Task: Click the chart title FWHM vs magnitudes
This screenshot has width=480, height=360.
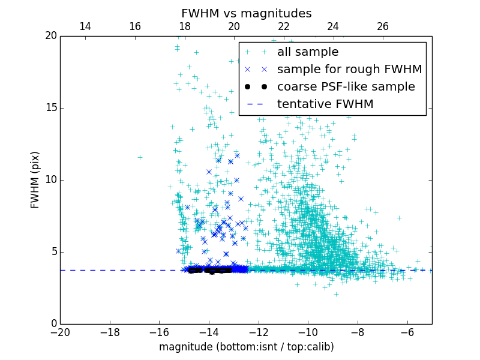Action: [x=246, y=13]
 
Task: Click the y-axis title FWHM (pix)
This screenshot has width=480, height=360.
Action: [x=35, y=179]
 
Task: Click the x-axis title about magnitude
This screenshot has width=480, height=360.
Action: [x=246, y=347]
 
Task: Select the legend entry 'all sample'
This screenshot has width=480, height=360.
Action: [x=308, y=52]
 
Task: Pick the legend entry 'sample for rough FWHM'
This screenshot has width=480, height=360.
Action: [x=349, y=70]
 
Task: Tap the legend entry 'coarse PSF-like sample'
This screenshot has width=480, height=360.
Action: [x=346, y=87]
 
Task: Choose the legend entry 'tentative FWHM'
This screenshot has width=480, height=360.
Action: [x=325, y=104]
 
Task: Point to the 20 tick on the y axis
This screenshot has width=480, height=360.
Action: [x=51, y=36]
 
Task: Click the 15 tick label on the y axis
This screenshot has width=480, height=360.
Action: [x=51, y=108]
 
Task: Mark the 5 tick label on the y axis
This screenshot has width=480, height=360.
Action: [x=53, y=252]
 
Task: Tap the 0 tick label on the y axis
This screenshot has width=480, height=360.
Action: [x=53, y=324]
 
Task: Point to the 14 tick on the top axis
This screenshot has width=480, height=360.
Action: [x=85, y=26]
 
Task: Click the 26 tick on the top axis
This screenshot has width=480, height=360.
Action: [x=383, y=26]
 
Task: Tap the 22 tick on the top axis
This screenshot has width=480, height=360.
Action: [x=284, y=26]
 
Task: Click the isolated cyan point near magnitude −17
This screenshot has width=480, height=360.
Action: [x=140, y=157]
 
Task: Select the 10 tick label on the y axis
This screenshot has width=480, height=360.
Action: [x=51, y=180]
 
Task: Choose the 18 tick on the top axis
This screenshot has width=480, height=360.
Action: [x=184, y=26]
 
